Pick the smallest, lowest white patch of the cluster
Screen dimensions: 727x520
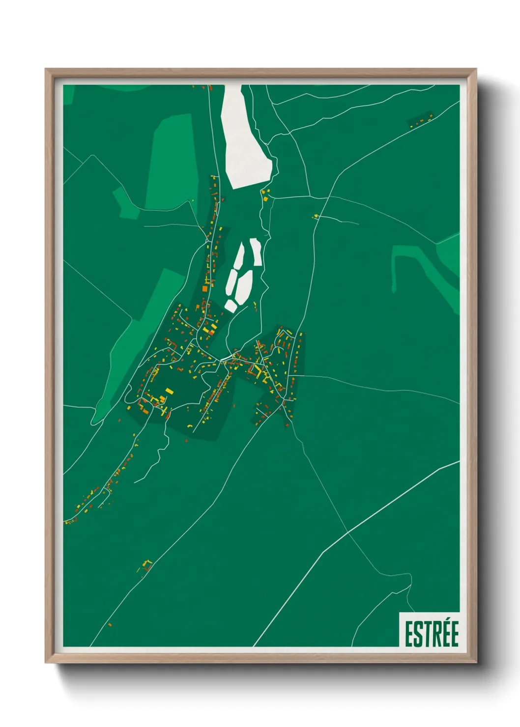click(230, 306)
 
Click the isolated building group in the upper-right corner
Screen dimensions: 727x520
click(421, 120)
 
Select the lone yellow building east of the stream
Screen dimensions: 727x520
click(316, 216)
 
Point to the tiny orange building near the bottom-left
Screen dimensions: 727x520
click(110, 625)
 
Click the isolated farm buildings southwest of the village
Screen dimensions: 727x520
click(146, 565)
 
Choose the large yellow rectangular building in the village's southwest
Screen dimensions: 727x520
click(169, 391)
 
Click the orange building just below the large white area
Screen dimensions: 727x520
click(266, 198)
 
